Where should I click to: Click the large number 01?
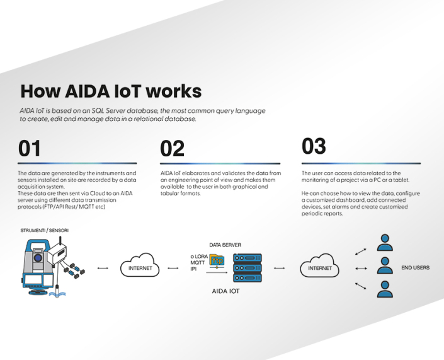click(30, 148)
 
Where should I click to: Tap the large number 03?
click(314, 146)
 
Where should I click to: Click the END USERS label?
click(416, 268)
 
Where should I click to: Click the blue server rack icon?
click(248, 268)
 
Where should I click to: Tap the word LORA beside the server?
click(202, 255)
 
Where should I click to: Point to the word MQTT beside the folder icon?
click(198, 262)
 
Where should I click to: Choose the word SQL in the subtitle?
click(99, 111)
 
